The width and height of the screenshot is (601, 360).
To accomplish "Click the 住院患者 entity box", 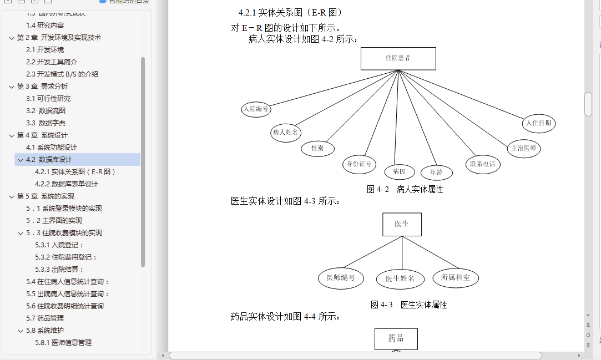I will click(398, 58).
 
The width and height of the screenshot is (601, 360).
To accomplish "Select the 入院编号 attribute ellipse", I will click(256, 109).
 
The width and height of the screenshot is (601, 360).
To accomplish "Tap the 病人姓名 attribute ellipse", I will click(286, 133).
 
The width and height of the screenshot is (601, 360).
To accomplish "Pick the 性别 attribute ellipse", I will click(317, 148).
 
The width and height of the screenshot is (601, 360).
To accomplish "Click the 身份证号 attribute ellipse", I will click(359, 164).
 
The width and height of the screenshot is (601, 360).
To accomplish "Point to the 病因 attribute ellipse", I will click(399, 171).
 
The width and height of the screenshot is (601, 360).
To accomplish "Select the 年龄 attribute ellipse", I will click(436, 173).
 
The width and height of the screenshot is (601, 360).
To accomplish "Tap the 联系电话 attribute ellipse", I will click(482, 164).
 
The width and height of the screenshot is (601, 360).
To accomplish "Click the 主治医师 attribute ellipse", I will click(524, 149).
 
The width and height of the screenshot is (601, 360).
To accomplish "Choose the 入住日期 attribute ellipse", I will click(538, 123).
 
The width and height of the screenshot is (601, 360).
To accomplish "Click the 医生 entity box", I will click(402, 224).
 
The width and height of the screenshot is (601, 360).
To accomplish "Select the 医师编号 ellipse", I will click(341, 278).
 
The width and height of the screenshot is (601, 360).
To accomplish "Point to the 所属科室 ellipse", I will click(455, 277).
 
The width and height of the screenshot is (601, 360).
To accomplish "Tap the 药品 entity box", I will click(396, 338).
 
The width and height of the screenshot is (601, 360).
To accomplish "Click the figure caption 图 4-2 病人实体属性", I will click(405, 190).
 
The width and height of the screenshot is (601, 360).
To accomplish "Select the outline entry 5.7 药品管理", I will click(45, 318).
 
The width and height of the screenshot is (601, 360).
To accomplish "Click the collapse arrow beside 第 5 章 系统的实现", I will click(12, 196).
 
